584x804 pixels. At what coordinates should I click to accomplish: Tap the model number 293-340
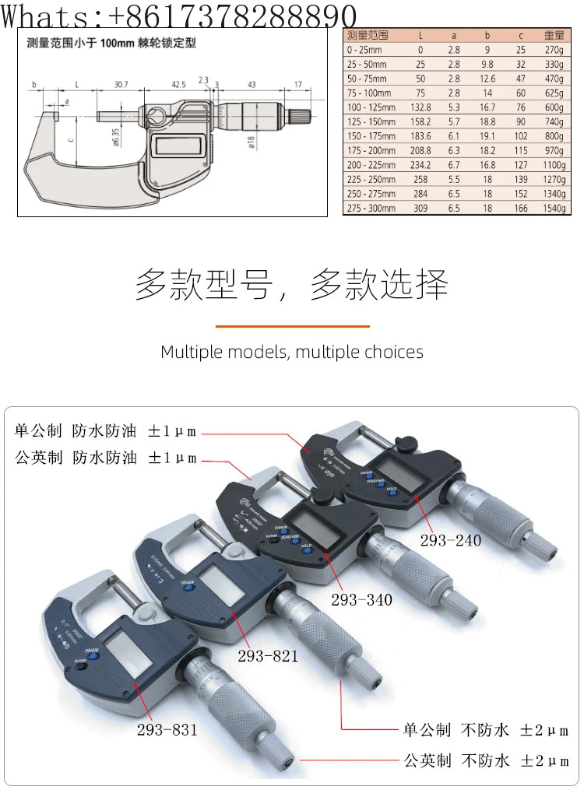point(361,600)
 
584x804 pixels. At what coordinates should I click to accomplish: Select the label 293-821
point(268,656)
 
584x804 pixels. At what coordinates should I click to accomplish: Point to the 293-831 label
point(167,730)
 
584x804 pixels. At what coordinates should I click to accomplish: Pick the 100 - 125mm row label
point(371,107)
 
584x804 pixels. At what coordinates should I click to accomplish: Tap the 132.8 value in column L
point(420,107)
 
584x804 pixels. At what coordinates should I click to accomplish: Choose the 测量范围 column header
point(368,35)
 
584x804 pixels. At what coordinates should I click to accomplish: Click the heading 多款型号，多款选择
point(292,285)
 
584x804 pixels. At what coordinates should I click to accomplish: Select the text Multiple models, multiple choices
point(292,352)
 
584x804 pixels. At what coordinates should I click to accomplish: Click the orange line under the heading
point(292,326)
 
